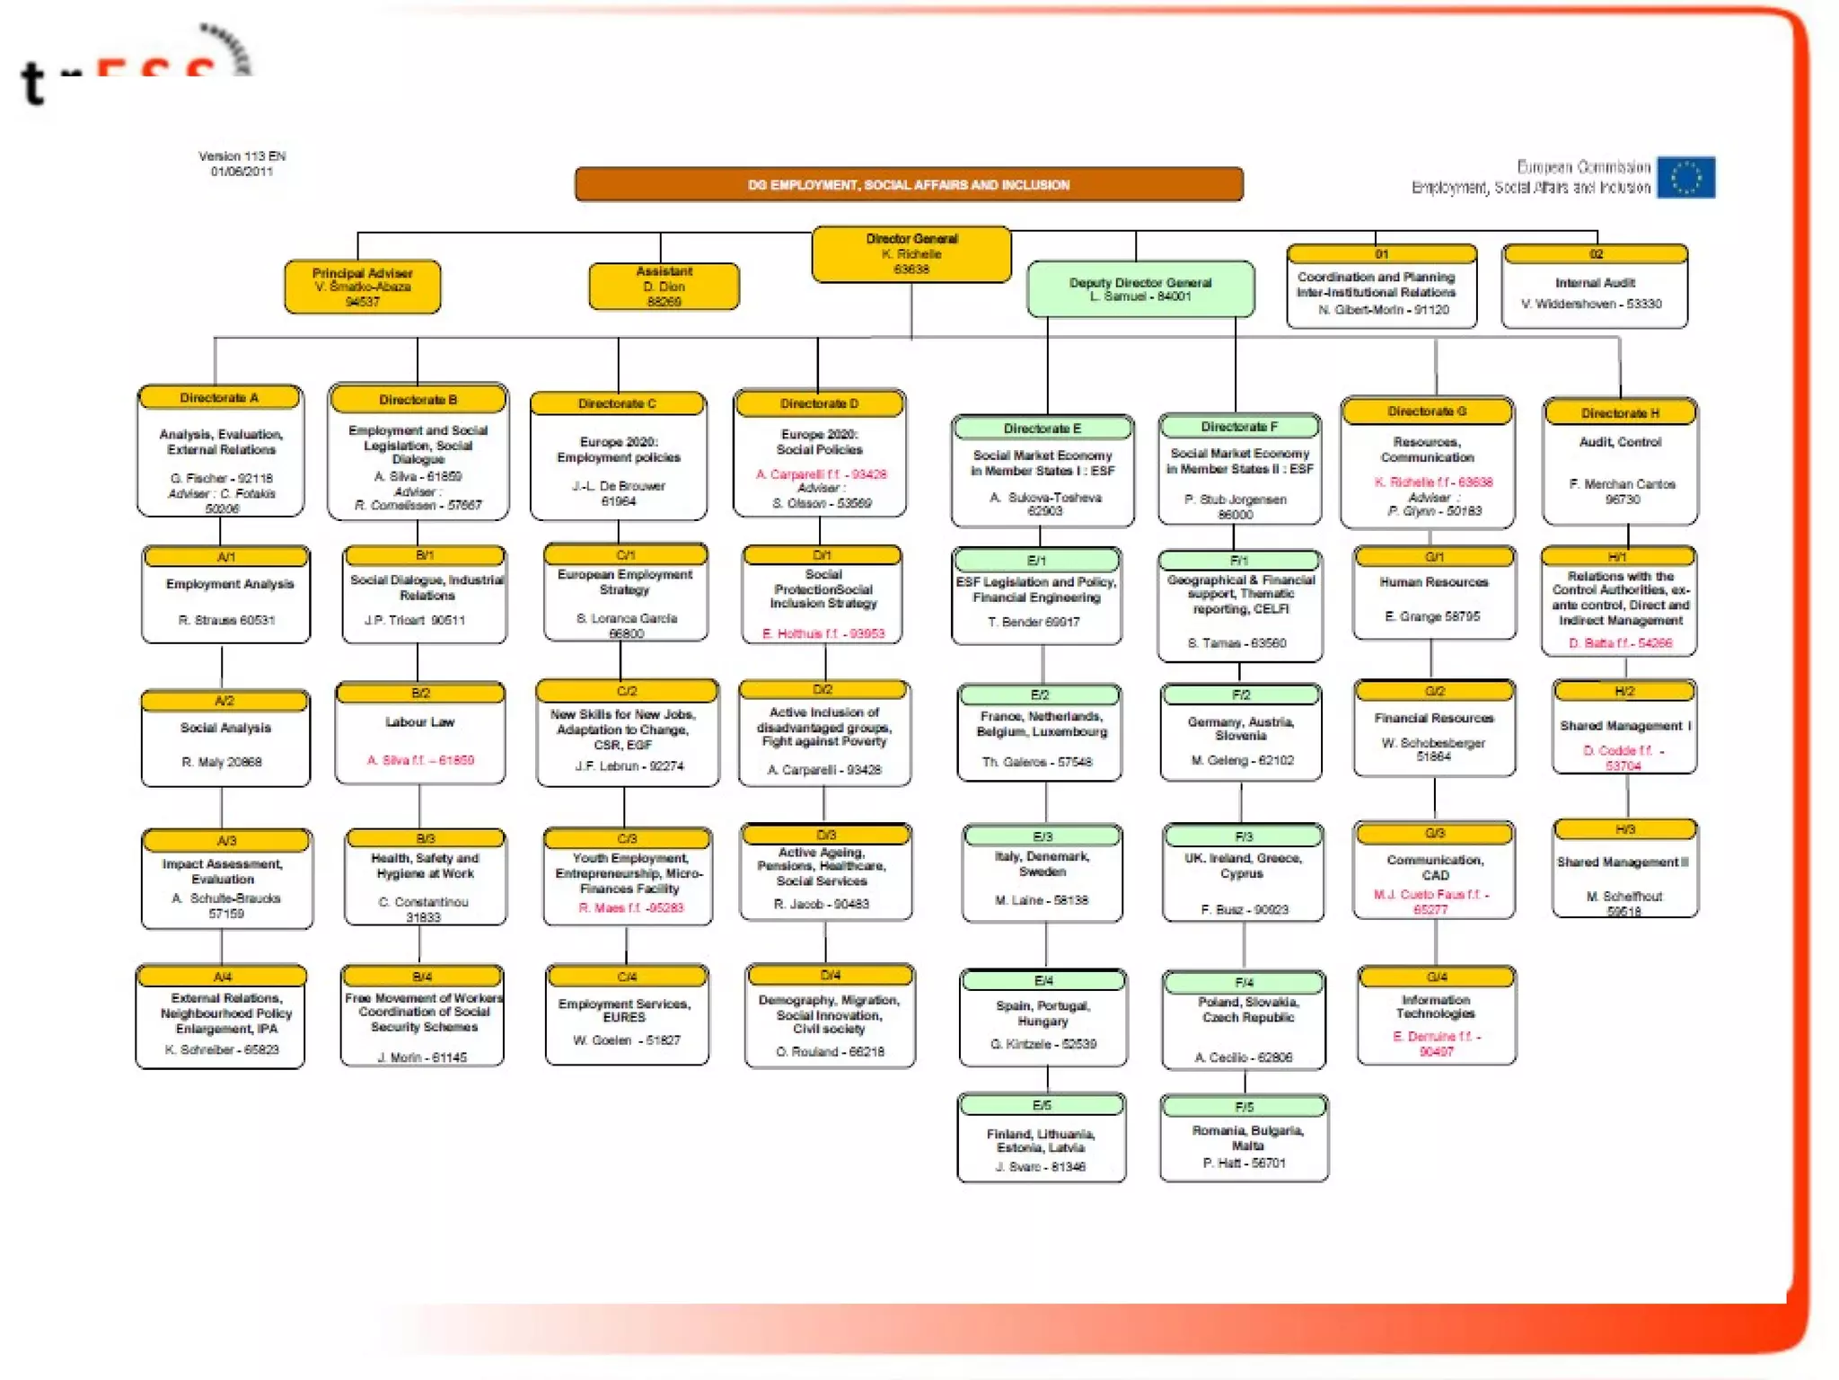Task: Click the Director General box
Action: coord(911,254)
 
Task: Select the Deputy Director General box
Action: coord(1139,289)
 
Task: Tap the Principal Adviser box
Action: coord(362,287)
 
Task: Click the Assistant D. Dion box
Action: coord(664,287)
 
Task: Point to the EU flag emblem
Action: coord(1685,177)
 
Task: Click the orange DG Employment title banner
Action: coord(909,184)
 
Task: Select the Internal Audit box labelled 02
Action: coord(1595,287)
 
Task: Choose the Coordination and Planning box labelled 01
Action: coord(1381,287)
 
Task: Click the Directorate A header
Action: coord(219,397)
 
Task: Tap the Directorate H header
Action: coord(1620,412)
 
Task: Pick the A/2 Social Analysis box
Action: coord(225,739)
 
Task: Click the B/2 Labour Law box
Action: coord(420,733)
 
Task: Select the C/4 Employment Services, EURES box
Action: coord(627,1015)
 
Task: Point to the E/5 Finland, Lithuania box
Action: coord(1041,1137)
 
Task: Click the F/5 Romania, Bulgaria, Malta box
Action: coord(1244,1137)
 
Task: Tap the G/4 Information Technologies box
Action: coord(1436,1015)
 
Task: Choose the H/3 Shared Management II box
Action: coord(1624,869)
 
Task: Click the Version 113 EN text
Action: coord(242,156)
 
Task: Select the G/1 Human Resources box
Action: coord(1434,593)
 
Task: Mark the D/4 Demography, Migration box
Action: coord(830,1016)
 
